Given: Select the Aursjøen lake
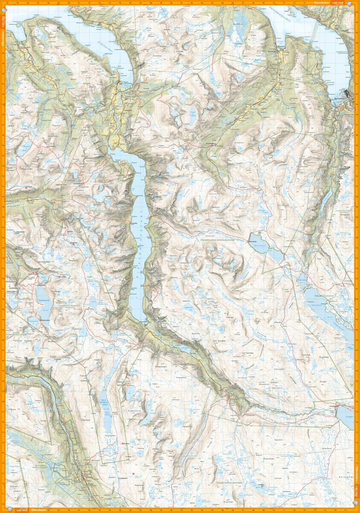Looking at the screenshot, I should (345, 416).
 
